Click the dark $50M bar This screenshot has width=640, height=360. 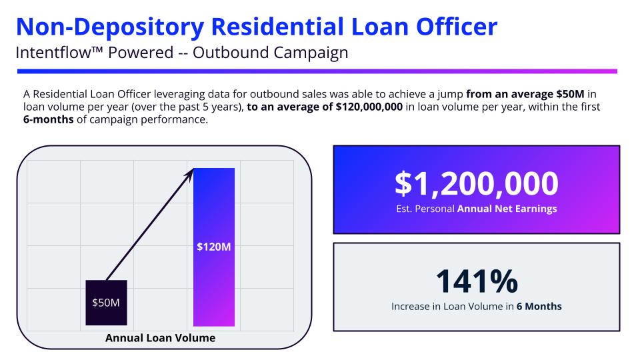pos(106,303)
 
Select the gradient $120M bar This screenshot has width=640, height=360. pos(214,247)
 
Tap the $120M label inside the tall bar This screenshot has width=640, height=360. pos(214,247)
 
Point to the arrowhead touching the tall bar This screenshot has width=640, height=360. pos(189,173)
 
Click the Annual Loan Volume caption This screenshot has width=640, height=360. pos(161,338)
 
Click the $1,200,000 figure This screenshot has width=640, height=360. pos(476,183)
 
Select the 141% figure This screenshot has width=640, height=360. pos(477,281)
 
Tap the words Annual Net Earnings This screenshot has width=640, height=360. pos(507,209)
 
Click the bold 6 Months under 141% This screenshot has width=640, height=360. pos(539,306)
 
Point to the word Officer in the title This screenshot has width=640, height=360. pos(457,27)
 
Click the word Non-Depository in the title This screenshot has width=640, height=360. pos(110,27)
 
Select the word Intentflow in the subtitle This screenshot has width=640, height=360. pos(53,53)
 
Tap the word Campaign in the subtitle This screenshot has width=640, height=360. pos(311,53)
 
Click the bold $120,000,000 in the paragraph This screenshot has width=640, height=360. pos(369,107)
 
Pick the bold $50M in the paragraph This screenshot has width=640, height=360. pos(570,94)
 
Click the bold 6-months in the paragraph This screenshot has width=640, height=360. pos(49,119)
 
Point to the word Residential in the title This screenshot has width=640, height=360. pos(277,27)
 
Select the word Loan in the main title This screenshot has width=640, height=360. pos(380,27)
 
